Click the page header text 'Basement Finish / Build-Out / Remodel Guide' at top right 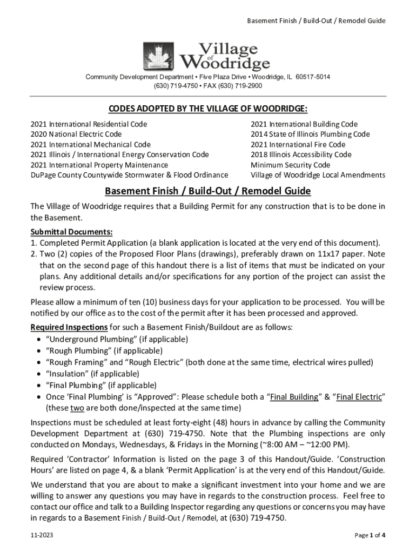[x=316, y=21]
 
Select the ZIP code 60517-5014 [x=312, y=77]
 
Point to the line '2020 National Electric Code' [x=76, y=134]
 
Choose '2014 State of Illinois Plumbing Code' [x=310, y=134]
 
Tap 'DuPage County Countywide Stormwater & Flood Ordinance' [x=129, y=175]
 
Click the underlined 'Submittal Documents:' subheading [x=71, y=232]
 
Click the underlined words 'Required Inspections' [x=69, y=328]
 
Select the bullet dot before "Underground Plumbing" [x=37, y=340]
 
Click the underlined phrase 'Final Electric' [x=360, y=397]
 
